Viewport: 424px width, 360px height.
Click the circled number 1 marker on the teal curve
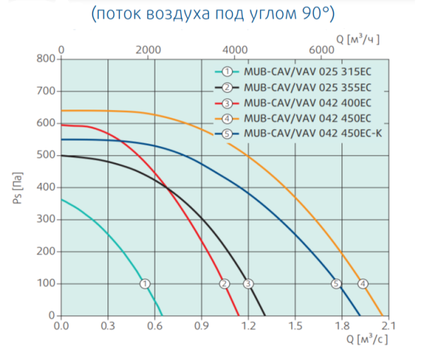(x=145, y=284)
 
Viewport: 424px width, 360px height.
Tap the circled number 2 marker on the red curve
(x=225, y=284)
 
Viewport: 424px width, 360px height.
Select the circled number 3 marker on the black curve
(x=248, y=284)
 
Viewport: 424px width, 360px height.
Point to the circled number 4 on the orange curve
(x=363, y=284)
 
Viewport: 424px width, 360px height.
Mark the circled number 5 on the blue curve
(x=336, y=284)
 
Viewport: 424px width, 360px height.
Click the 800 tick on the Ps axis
(x=45, y=59)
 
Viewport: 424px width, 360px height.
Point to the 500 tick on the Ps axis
(x=45, y=155)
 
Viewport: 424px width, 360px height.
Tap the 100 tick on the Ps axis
(x=45, y=284)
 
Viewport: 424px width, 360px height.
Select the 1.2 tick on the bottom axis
(x=248, y=326)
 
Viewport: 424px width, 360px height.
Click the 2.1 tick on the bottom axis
(x=389, y=326)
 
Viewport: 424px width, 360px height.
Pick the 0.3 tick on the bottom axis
(x=107, y=326)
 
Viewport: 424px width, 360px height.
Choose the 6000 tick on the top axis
(x=322, y=49)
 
